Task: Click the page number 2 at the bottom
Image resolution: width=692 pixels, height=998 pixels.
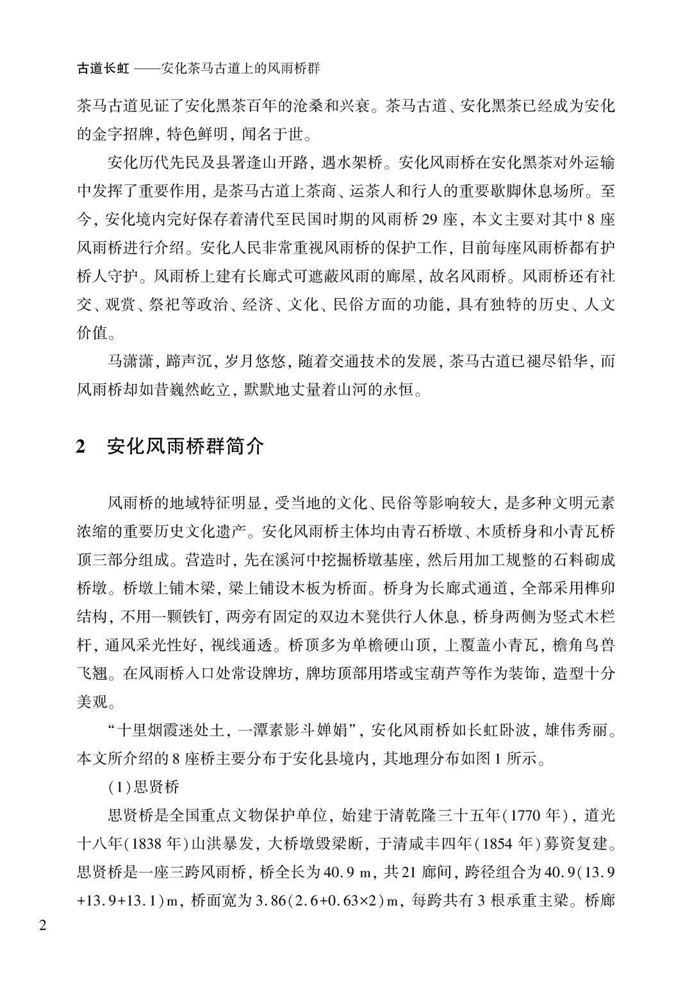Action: [44, 926]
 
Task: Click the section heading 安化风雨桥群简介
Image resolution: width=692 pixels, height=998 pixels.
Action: [185, 446]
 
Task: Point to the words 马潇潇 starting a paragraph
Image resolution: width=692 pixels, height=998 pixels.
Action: [130, 361]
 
